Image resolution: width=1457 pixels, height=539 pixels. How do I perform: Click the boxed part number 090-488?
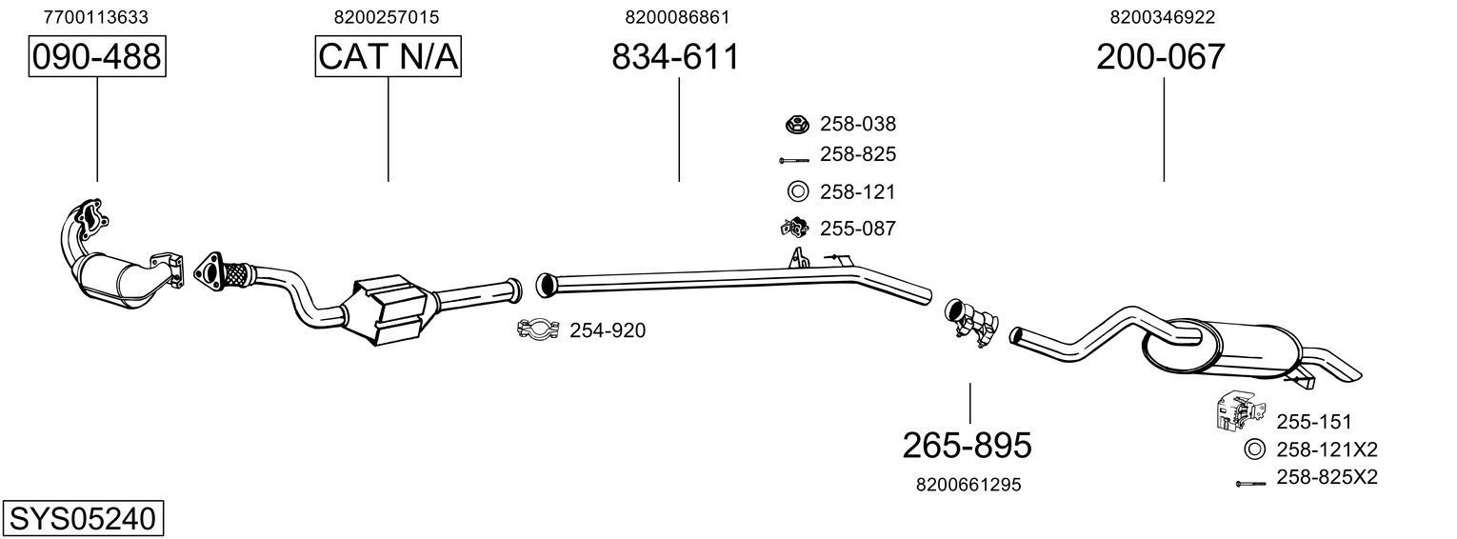(x=96, y=57)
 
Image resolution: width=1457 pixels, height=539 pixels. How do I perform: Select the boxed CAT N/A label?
(x=388, y=57)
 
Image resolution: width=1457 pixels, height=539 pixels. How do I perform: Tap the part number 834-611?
(x=675, y=57)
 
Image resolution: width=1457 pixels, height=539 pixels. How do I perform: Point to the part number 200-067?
(x=1160, y=57)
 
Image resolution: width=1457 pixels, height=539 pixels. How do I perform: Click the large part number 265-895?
(x=967, y=445)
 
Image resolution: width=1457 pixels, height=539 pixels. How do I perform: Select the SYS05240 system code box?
(x=82, y=519)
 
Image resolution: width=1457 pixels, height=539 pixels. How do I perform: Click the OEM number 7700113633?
(x=96, y=17)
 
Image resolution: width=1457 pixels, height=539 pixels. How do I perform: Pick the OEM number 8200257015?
(x=387, y=17)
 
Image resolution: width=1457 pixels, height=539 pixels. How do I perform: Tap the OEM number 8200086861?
(x=678, y=17)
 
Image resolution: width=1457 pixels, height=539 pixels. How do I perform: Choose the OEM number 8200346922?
(x=1162, y=17)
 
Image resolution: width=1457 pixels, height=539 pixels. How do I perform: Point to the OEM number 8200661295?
(x=968, y=485)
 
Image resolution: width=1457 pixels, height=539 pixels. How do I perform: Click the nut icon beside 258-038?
(x=796, y=124)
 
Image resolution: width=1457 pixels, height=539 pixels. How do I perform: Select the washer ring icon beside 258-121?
(x=796, y=191)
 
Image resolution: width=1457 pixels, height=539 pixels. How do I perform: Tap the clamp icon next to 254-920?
(x=537, y=330)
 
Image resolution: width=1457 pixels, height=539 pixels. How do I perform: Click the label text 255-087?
(x=857, y=229)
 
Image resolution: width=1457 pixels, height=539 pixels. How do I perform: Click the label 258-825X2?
(x=1327, y=477)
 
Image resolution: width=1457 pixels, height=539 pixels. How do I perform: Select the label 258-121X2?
(x=1327, y=449)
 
